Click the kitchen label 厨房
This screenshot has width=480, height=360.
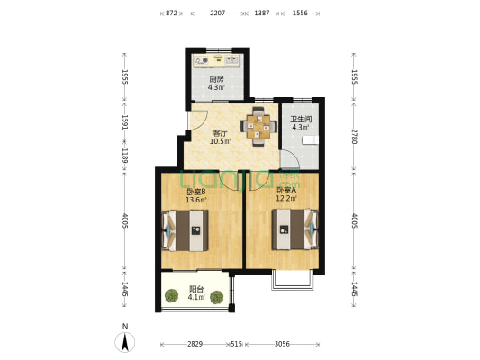point(216,79)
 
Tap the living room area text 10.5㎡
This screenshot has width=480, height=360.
point(220,141)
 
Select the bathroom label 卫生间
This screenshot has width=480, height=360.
point(301,119)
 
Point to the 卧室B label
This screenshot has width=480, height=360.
point(196,192)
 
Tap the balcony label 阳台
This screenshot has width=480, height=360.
point(196,289)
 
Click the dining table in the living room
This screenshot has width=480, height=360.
point(258,127)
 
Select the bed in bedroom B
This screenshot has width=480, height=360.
point(185,230)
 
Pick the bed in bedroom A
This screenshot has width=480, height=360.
point(295,229)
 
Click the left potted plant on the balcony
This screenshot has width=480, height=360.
point(171,296)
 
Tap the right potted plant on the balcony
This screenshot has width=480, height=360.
point(217,297)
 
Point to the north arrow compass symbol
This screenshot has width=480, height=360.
point(125,341)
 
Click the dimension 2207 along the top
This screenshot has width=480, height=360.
point(218,13)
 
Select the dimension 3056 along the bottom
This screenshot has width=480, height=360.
point(282,344)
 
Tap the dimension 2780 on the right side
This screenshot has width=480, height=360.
point(354,137)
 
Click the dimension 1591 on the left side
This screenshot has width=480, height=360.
point(125,122)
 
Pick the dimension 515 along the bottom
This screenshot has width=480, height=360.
point(236,344)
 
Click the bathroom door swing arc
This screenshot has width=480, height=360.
point(294,155)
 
